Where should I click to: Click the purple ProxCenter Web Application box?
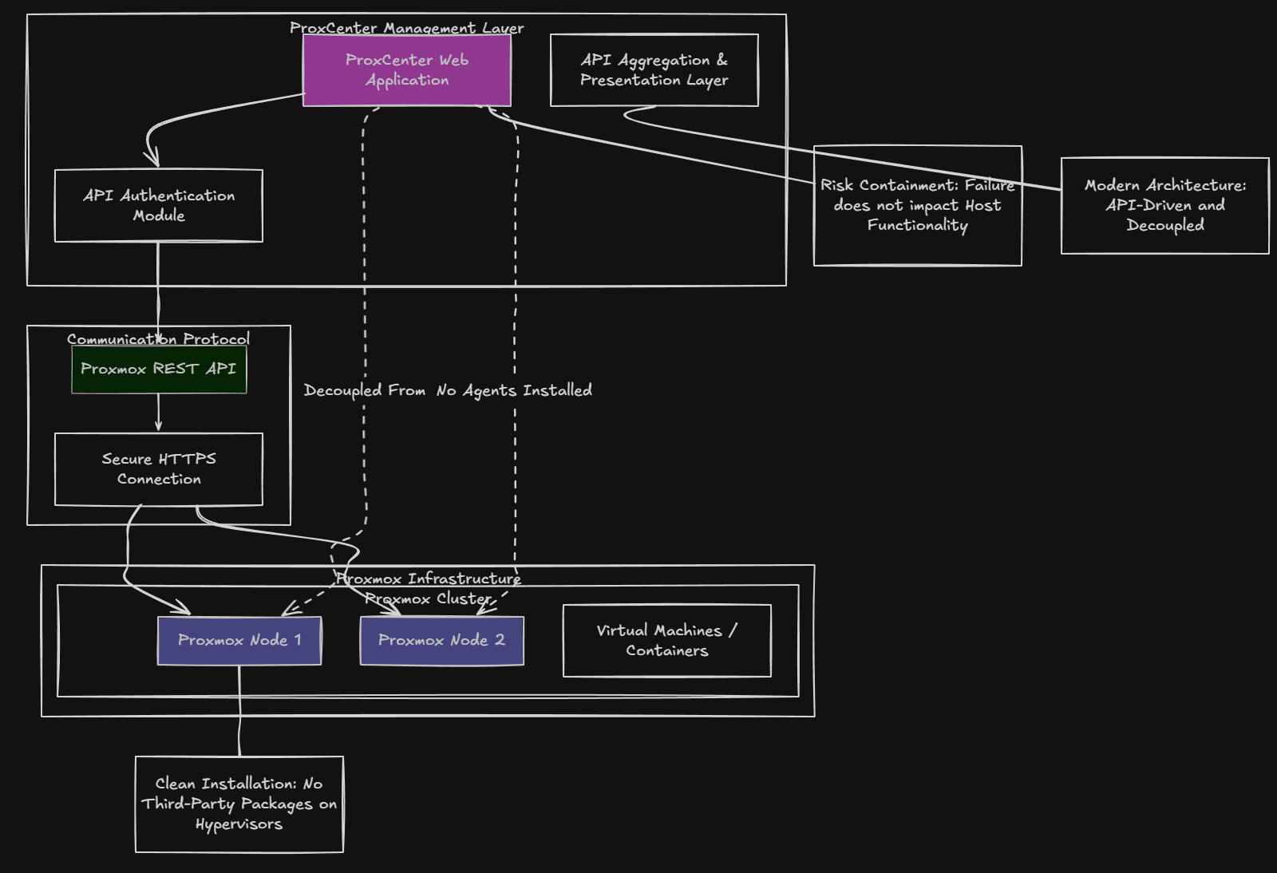(x=407, y=70)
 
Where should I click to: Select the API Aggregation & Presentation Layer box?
(x=654, y=70)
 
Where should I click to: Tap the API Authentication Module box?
(x=159, y=206)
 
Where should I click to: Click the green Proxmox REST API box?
(x=159, y=369)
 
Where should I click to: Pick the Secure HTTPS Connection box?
(x=159, y=469)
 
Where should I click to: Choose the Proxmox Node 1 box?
(x=239, y=640)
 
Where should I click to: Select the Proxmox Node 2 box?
(x=442, y=640)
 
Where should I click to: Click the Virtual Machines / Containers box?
(x=667, y=640)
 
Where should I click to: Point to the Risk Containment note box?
(x=918, y=205)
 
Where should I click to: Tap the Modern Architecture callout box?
(x=1165, y=205)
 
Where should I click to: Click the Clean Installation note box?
(x=239, y=804)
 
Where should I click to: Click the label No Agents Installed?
(x=514, y=390)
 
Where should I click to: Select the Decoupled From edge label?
(x=365, y=390)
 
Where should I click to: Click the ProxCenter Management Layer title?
(x=407, y=28)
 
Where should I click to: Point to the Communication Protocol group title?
(x=159, y=339)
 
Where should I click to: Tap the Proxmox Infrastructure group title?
(x=429, y=579)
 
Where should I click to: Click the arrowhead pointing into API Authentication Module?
(x=152, y=159)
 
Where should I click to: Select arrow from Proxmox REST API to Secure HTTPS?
(x=159, y=413)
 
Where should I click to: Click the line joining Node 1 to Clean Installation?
(x=239, y=710)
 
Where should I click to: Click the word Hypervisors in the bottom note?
(x=239, y=824)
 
